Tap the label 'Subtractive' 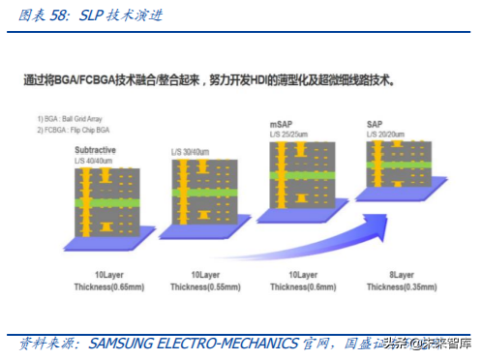pyautogui.click(x=95, y=151)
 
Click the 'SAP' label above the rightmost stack pyautogui.click(x=375, y=126)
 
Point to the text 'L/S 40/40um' pyautogui.click(x=97, y=160)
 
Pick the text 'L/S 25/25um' pyautogui.click(x=293, y=135)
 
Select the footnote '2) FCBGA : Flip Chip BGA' pyautogui.click(x=72, y=128)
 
